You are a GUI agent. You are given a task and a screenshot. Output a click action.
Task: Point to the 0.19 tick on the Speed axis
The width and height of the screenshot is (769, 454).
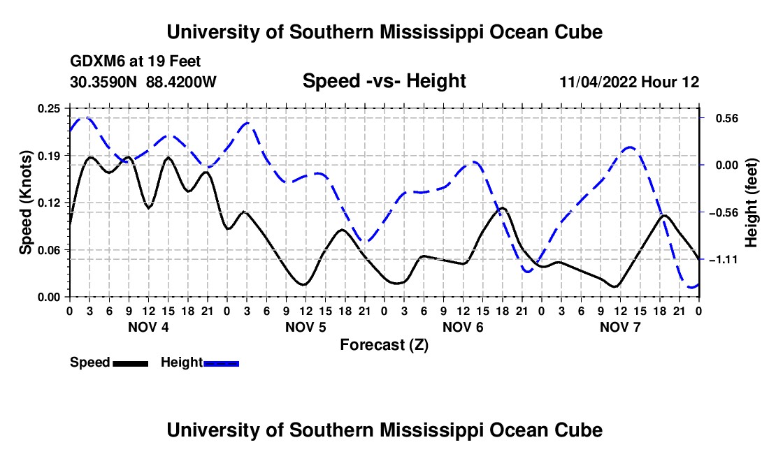48,156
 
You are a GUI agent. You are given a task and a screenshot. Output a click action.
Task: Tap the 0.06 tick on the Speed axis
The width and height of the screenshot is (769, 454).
48,250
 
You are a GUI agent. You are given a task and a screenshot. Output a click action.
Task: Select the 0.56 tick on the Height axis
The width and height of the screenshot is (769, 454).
727,119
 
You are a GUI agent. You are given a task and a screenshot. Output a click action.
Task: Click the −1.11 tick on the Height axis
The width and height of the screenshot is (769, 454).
724,260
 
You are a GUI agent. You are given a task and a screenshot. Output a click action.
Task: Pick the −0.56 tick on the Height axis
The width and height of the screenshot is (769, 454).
724,212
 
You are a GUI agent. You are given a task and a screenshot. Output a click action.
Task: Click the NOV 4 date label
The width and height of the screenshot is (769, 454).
148,327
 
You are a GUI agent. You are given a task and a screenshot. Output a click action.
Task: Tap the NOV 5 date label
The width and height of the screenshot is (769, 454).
306,327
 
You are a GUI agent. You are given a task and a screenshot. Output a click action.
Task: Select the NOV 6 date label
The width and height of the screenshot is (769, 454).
463,327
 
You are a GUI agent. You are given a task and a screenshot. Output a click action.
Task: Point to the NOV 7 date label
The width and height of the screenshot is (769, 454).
620,327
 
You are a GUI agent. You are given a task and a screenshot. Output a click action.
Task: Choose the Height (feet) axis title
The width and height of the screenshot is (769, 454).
752,203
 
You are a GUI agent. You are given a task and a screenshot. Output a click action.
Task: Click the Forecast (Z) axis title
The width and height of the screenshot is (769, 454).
384,345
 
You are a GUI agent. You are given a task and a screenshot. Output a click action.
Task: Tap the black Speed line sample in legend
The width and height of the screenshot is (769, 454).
131,363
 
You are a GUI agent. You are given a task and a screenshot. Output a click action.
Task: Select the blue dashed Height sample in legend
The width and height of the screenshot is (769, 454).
221,363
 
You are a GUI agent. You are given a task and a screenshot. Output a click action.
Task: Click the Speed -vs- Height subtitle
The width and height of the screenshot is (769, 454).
384,81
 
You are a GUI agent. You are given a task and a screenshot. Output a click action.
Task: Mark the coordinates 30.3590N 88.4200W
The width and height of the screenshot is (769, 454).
143,82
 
